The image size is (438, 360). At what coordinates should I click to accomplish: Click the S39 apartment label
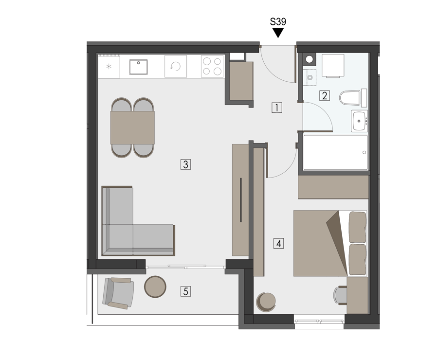point(278,22)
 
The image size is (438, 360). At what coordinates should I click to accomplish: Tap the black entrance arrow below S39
point(278,33)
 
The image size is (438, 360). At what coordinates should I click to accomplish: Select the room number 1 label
point(277,108)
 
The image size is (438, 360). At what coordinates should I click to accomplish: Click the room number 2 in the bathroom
point(325,96)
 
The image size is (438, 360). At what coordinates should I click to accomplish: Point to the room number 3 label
point(186,164)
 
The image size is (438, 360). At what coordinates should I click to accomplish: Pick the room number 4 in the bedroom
point(278,244)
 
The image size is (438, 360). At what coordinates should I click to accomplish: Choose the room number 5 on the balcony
point(186,291)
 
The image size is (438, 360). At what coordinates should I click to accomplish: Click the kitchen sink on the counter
point(138,67)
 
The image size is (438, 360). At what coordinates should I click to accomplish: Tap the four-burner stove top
point(212,66)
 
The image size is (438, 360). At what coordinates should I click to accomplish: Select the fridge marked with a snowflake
point(109,66)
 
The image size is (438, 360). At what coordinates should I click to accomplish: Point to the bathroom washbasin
point(359,121)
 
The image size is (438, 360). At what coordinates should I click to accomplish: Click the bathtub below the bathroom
point(335,152)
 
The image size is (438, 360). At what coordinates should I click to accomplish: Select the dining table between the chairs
point(132,127)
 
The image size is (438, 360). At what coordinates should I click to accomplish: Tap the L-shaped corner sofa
point(138,221)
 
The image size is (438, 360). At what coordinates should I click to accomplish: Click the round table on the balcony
point(155,287)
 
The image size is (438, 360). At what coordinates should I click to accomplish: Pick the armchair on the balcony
point(118,293)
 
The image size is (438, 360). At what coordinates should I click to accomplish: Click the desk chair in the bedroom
point(340,295)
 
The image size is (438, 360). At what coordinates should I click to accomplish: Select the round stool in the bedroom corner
point(266,302)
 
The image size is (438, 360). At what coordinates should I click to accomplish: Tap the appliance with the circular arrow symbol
point(176,66)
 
